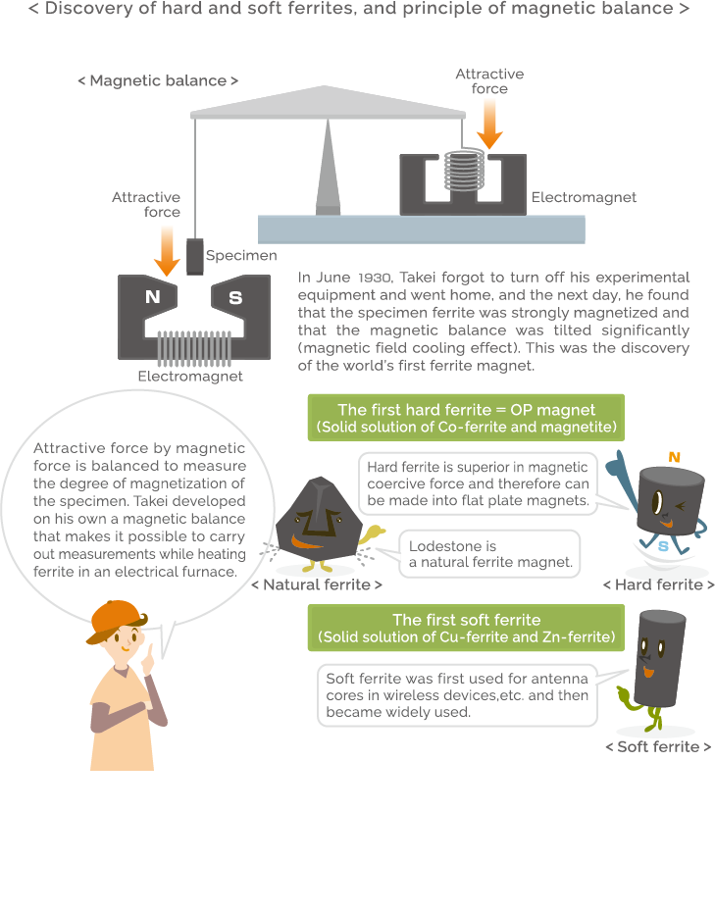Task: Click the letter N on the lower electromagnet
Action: pos(152,297)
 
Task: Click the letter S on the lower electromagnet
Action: pos(235,297)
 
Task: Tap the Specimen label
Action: pos(241,256)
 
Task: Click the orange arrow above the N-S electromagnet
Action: pos(168,249)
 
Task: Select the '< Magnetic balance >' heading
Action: pos(158,80)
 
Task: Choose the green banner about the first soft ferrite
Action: pos(466,628)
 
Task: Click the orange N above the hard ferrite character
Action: pos(674,457)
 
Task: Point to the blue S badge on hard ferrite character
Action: pos(663,545)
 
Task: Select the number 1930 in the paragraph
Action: pos(376,278)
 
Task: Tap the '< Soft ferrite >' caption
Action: pos(657,746)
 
